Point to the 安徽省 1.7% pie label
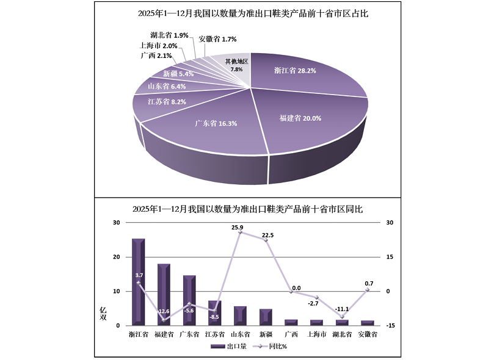click(218, 39)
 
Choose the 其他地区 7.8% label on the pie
click(236, 65)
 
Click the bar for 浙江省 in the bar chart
click(138, 281)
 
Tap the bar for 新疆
click(266, 317)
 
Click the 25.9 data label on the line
click(238, 228)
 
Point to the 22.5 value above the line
click(267, 235)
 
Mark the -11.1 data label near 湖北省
click(342, 309)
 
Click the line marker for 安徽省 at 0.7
click(367, 290)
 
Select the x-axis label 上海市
click(316, 334)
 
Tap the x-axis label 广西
click(291, 334)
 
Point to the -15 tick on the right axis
click(391, 326)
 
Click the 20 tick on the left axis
click(116, 257)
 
